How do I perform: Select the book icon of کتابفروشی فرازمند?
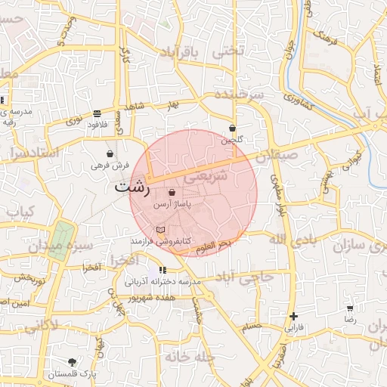point(159,229)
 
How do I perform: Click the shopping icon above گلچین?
point(232,128)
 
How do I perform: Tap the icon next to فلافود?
point(97,113)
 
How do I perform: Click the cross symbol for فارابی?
point(293,316)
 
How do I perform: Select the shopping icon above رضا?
point(350,308)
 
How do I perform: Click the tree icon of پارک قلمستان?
point(73,362)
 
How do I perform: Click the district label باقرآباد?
point(182,52)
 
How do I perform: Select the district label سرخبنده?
point(238,95)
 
